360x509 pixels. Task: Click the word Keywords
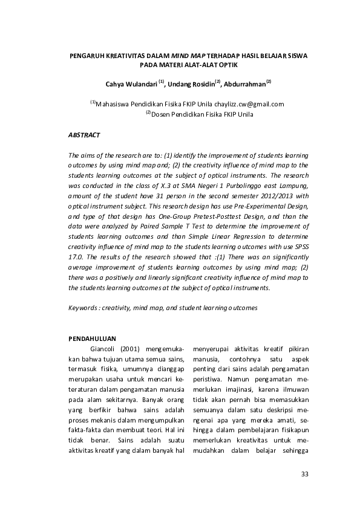coord(84,308)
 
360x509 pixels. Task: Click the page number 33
coord(304,473)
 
